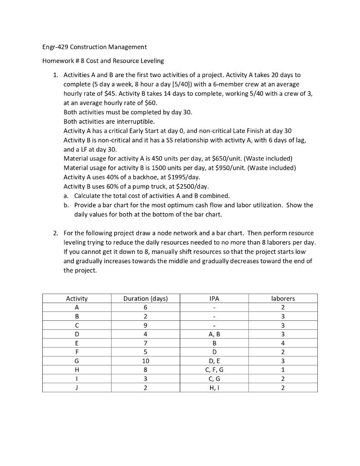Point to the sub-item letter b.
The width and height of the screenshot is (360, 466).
pyautogui.click(x=66, y=205)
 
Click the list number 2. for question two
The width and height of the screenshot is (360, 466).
pyautogui.click(x=55, y=233)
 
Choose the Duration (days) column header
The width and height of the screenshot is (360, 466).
pyautogui.click(x=145, y=299)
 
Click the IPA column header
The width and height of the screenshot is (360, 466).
pyautogui.click(x=214, y=299)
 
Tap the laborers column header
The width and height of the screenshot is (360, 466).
pyautogui.click(x=283, y=299)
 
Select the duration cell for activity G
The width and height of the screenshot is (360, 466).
pyautogui.click(x=145, y=361)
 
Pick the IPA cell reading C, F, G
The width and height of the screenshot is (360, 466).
pyautogui.click(x=214, y=370)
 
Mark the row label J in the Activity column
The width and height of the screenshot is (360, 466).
pyautogui.click(x=77, y=388)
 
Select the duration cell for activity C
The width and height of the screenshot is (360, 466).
pyautogui.click(x=145, y=325)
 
